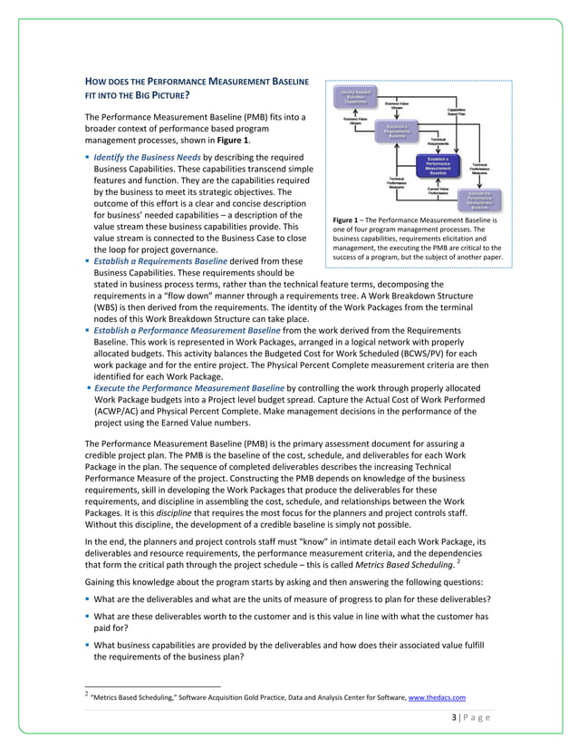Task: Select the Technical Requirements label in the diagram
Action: point(438,141)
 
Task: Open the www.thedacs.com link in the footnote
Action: point(438,697)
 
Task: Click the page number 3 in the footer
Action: point(453,718)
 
